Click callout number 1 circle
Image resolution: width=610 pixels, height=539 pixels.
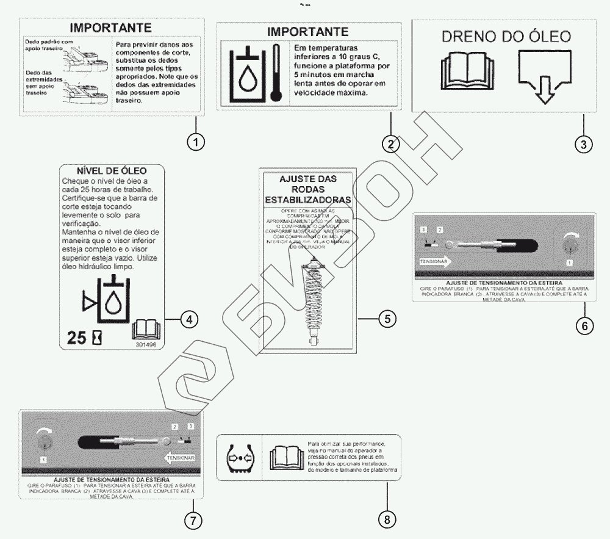tap(195, 143)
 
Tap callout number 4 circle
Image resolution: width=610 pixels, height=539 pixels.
tap(189, 318)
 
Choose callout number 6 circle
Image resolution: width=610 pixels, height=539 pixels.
tap(584, 325)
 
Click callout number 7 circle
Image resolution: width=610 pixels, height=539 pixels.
tap(193, 520)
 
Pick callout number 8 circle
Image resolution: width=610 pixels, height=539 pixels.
tap(387, 519)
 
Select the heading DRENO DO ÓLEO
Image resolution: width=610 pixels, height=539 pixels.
tap(506, 37)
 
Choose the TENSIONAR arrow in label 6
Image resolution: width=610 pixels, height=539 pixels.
tap(435, 262)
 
